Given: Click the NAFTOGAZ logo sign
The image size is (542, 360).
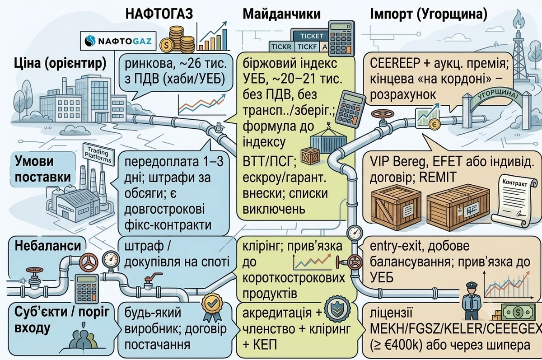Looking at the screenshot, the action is [118, 41].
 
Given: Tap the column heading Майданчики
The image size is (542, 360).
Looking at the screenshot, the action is [282, 14].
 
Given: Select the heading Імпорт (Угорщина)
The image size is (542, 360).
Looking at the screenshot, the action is [429, 14].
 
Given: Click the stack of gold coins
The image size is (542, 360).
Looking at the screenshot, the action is [177, 40].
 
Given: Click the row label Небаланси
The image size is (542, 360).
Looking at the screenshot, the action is [48, 246].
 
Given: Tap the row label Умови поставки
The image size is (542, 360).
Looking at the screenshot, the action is [42, 169].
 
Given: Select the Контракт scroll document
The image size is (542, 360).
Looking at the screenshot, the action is [513, 201].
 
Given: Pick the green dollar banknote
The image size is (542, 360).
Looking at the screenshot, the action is [518, 312].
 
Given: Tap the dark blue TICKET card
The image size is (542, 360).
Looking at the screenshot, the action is [311, 36].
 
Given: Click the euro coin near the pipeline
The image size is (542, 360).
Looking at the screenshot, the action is [435, 125].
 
